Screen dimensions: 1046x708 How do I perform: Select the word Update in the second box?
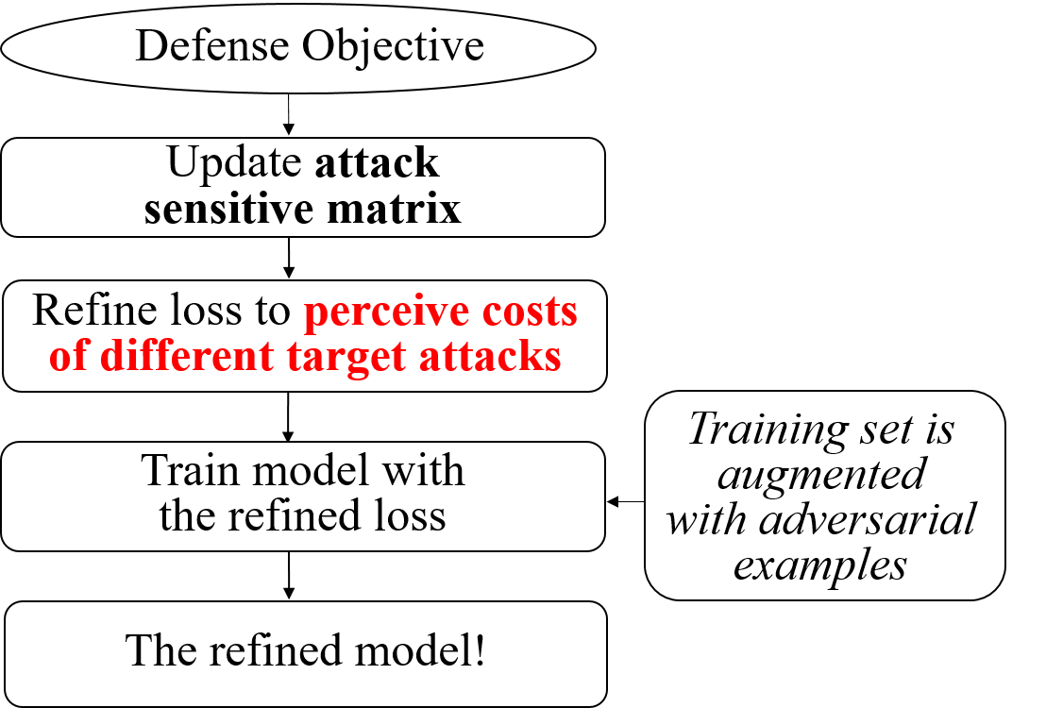click(234, 162)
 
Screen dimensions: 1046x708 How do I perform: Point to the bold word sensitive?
click(228, 209)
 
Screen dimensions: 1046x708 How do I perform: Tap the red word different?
click(188, 355)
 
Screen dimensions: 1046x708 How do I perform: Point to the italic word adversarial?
click(868, 519)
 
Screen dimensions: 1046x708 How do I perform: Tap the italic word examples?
click(820, 566)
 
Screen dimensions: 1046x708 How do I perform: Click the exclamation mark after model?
click(479, 649)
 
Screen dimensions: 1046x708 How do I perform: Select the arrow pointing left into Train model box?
click(626, 501)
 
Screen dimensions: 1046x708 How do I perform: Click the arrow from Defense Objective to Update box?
click(288, 114)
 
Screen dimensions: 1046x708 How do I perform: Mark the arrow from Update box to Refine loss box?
click(288, 258)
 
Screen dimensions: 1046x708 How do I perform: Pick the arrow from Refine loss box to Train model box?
click(288, 416)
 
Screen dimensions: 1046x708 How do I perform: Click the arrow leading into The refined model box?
click(288, 575)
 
